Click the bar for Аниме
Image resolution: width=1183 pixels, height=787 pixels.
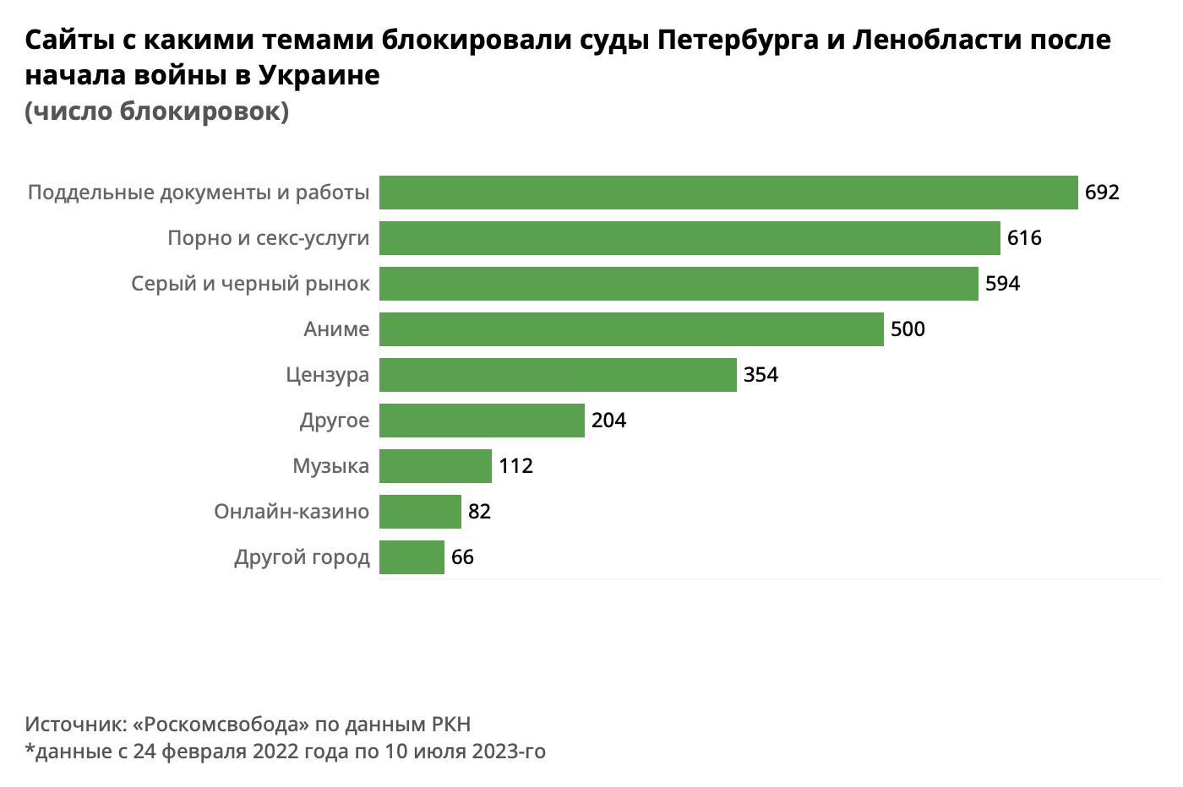click(631, 329)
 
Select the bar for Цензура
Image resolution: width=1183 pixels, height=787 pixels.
click(558, 375)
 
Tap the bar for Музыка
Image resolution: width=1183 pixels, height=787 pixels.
click(435, 466)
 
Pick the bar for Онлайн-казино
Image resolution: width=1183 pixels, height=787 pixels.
click(420, 512)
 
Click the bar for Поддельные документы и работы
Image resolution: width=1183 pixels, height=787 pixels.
click(728, 193)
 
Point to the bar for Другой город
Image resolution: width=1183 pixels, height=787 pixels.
click(412, 557)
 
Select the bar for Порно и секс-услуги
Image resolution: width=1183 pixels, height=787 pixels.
click(690, 238)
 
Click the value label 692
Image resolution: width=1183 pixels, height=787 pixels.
click(1102, 193)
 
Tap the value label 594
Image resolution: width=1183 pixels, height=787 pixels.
click(1002, 284)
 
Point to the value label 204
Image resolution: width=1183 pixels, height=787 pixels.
click(608, 421)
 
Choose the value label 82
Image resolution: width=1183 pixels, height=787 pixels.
click(479, 512)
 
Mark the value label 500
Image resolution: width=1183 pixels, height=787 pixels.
click(908, 329)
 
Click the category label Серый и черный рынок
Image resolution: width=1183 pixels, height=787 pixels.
click(250, 284)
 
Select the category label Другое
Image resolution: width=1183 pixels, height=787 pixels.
click(335, 421)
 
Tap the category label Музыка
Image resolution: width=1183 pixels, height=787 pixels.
click(331, 466)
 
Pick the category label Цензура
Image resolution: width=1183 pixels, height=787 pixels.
click(328, 375)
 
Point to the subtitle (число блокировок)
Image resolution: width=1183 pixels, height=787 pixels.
click(157, 111)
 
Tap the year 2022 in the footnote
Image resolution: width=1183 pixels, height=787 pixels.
click(275, 751)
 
